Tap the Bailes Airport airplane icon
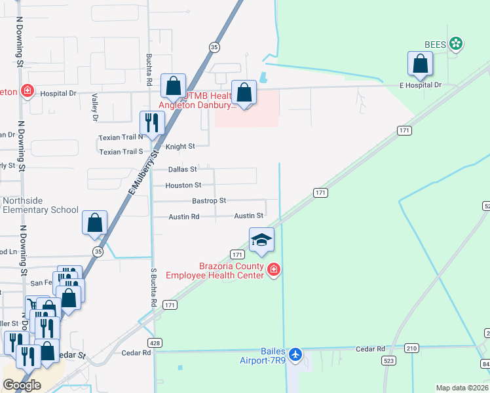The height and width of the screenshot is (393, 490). (295, 354)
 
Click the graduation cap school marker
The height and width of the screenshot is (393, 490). (261, 240)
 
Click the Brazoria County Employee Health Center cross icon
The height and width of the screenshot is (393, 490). (274, 269)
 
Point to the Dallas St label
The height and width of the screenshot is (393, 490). (182, 169)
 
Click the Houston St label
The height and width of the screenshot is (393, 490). (183, 185)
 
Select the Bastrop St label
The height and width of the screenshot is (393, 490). (209, 200)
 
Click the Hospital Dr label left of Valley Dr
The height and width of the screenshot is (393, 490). (58, 93)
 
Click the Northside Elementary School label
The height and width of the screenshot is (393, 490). (41, 205)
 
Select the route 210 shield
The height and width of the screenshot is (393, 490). (411, 348)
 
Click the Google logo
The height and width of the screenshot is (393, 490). (22, 385)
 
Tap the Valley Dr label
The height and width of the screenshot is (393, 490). (95, 107)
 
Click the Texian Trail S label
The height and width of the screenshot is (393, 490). (121, 152)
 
